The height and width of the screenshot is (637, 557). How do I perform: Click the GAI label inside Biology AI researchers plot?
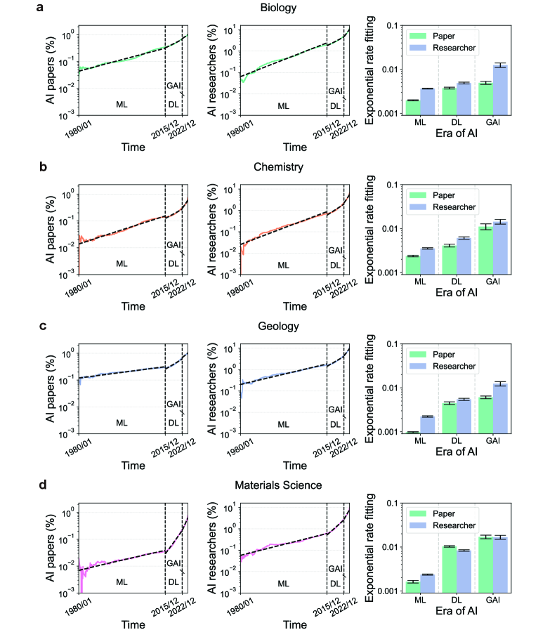point(336,91)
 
